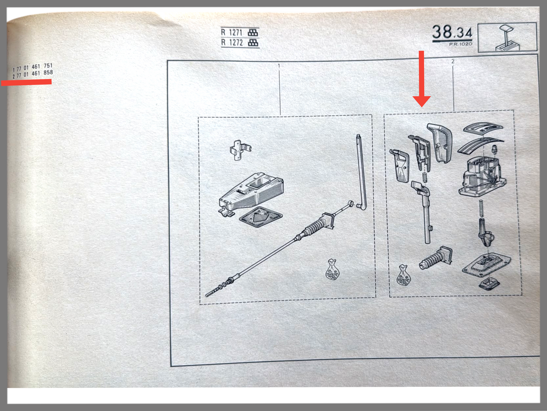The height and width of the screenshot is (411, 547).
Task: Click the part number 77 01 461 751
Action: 35,67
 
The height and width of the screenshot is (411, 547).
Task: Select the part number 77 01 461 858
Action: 35,74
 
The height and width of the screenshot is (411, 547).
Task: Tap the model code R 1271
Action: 232,33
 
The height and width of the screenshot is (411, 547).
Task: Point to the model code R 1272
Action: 232,43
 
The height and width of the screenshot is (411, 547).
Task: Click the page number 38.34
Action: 452,32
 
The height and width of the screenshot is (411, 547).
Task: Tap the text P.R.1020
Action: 461,44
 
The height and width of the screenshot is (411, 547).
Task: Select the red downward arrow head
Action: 422,101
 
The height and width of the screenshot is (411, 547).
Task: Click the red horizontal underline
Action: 26,82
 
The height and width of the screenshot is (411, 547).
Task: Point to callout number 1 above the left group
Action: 279,66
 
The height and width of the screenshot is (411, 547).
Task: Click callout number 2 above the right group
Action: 453,61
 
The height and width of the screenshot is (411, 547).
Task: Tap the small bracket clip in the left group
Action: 240,150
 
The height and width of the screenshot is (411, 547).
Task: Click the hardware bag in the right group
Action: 403,275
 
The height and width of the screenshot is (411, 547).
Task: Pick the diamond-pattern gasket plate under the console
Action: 261,218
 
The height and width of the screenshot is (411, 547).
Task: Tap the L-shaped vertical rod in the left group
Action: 360,172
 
